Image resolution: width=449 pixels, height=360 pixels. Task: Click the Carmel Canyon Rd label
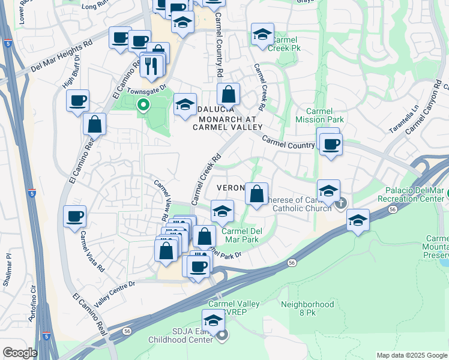coord(426,106)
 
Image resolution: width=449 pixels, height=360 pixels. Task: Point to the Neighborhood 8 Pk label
coord(307,308)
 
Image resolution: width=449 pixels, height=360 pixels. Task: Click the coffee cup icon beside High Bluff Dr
coord(77,101)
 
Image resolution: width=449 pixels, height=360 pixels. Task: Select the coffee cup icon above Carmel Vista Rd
coord(75,215)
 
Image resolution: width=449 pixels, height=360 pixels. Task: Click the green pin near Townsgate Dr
coord(143,106)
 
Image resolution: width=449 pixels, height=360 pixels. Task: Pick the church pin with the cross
coord(342,203)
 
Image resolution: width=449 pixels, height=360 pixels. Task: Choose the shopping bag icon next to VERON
coord(256,193)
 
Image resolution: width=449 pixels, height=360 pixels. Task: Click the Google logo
coord(20,353)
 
